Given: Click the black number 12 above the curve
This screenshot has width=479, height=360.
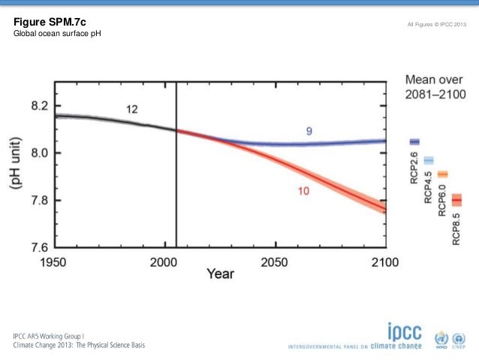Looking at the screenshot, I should [131, 110].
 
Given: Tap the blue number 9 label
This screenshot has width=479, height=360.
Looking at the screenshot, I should [309, 132].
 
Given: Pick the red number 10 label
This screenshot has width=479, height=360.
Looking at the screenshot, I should [302, 192].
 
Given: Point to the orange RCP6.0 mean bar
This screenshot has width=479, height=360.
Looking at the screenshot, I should [442, 174].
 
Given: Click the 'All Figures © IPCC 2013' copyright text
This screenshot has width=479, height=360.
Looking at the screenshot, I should [437, 26].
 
